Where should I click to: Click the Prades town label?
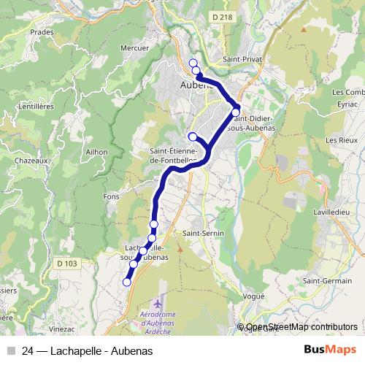(43, 32)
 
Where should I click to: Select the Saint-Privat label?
(243, 58)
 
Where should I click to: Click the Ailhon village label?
(96, 152)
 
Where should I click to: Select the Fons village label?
(112, 196)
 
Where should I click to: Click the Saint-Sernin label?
(203, 233)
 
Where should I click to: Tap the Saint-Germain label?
(327, 280)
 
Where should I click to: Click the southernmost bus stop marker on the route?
(126, 282)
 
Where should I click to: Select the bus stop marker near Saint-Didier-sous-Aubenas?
(236, 112)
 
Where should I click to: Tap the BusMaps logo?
(330, 350)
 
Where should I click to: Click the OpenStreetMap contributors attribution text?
(301, 327)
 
